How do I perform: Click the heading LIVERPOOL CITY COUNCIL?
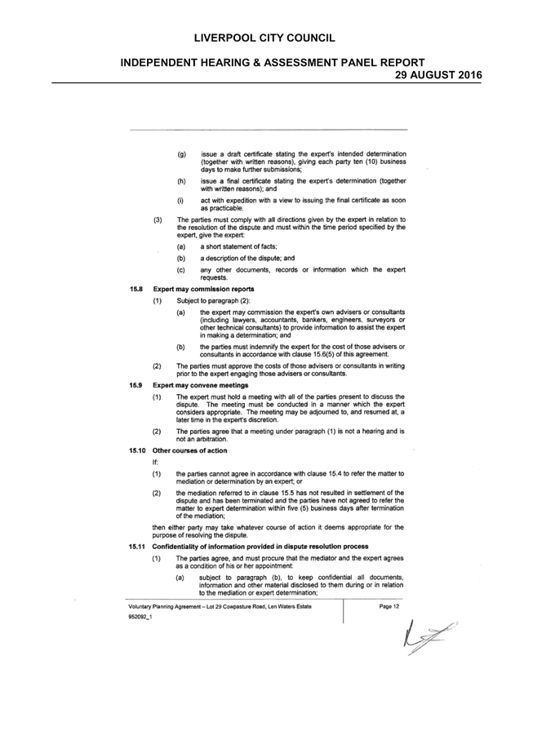264,38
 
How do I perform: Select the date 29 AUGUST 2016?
438,75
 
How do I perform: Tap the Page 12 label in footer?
389,606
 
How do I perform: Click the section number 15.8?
135,289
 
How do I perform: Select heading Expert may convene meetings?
201,385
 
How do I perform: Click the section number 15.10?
137,450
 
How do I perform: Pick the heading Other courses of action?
189,450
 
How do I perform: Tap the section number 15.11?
137,547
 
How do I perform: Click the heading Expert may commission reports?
203,289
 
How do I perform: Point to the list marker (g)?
182,155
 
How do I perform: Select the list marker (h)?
182,182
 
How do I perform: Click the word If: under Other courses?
155,463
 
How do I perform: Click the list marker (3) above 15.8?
158,220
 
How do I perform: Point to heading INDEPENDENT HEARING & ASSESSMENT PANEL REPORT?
273,63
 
